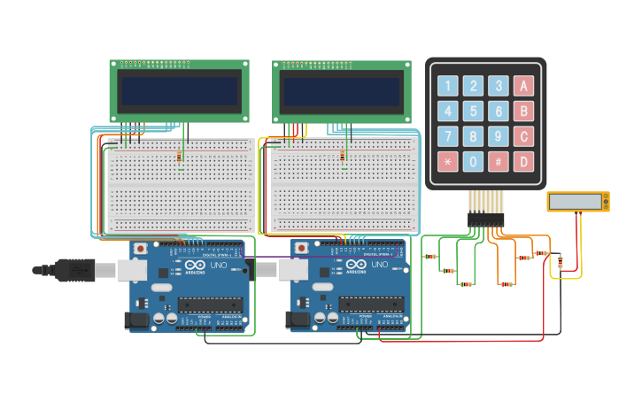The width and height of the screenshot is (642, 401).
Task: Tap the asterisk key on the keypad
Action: pyautogui.click(x=448, y=162)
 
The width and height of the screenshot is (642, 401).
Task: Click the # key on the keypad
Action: pyautogui.click(x=499, y=162)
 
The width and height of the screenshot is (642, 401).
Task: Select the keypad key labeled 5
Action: pyautogui.click(x=474, y=112)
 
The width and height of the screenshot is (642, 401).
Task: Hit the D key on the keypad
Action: pyautogui.click(x=524, y=162)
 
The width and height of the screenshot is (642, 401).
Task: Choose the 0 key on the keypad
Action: pyautogui.click(x=474, y=162)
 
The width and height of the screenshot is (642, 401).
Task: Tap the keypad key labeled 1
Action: pyautogui.click(x=448, y=86)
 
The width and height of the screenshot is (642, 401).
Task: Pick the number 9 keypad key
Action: pyautogui.click(x=499, y=137)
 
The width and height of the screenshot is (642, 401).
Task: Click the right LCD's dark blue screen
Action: pyautogui.click(x=341, y=90)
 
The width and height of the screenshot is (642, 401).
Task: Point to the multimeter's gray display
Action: pyautogui.click(x=576, y=202)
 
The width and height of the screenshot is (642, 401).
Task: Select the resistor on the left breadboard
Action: pyautogui.click(x=181, y=158)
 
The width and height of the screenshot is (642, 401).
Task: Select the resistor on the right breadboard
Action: pyautogui.click(x=342, y=158)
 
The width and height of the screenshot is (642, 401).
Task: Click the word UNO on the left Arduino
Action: pyautogui.click(x=218, y=265)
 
